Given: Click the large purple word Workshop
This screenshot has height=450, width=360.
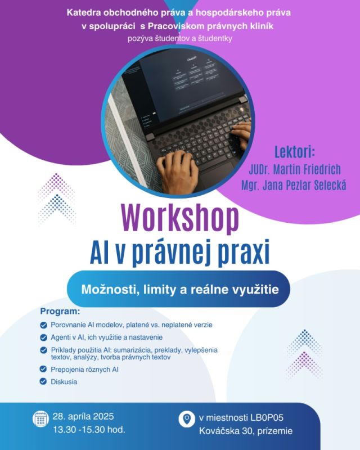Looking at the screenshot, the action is [181, 219].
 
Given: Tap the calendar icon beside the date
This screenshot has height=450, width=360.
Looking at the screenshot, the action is [40, 418].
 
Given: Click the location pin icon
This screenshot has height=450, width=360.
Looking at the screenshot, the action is [187, 418].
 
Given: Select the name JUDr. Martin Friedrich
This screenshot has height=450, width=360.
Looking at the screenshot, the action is [295, 170].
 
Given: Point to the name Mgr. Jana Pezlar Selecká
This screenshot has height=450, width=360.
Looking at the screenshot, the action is [294, 185].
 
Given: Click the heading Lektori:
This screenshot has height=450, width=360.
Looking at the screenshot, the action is [295, 152].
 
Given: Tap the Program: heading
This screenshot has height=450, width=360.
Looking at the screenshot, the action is [60, 311].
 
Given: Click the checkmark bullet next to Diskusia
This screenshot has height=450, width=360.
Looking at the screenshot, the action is [43, 381].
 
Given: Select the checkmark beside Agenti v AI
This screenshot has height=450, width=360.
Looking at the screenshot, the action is [44, 337].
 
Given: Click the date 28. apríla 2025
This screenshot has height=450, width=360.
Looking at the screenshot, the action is [83, 416].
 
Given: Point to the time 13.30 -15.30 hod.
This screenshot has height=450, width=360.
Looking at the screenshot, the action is [89, 430].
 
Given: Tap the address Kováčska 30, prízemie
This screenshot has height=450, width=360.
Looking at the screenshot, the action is [246, 431].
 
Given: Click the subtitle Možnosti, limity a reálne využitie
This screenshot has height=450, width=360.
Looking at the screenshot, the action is [180, 289].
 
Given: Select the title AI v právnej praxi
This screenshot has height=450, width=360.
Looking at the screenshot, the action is [179, 253].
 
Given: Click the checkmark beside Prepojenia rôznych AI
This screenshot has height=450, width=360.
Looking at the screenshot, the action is [43, 369].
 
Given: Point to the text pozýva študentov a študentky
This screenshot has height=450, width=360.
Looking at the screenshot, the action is [180, 38].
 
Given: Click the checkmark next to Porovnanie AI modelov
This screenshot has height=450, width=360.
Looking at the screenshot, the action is [44, 325].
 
